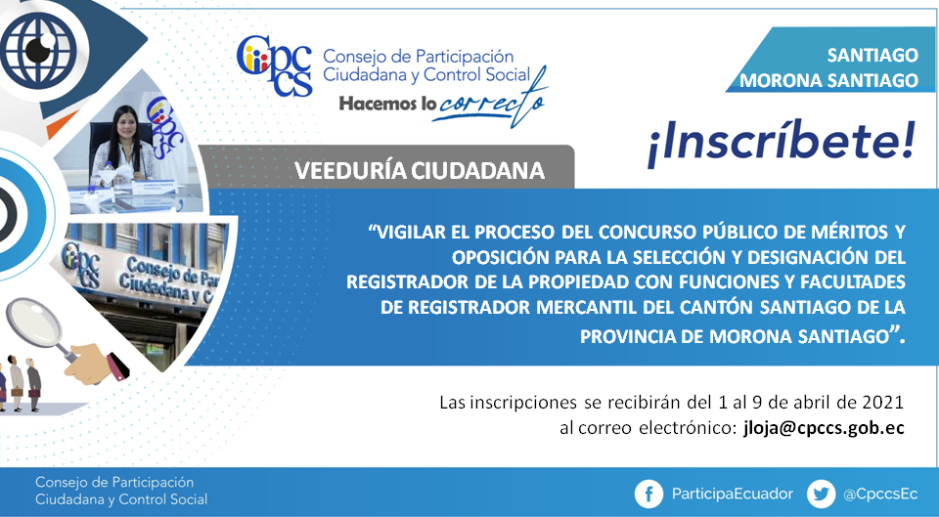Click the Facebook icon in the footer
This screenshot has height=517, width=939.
tap(648, 495)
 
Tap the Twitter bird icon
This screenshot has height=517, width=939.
tap(821, 495)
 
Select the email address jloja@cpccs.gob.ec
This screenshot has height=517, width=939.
tap(824, 428)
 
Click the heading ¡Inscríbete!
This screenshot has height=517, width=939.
tap(782, 142)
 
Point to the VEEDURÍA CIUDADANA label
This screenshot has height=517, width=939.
tap(420, 171)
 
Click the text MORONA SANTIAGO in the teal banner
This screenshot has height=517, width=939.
tap(828, 80)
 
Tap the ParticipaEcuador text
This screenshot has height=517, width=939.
tap(732, 494)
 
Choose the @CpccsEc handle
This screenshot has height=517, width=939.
tap(879, 495)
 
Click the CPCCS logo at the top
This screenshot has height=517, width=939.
tap(275, 65)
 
